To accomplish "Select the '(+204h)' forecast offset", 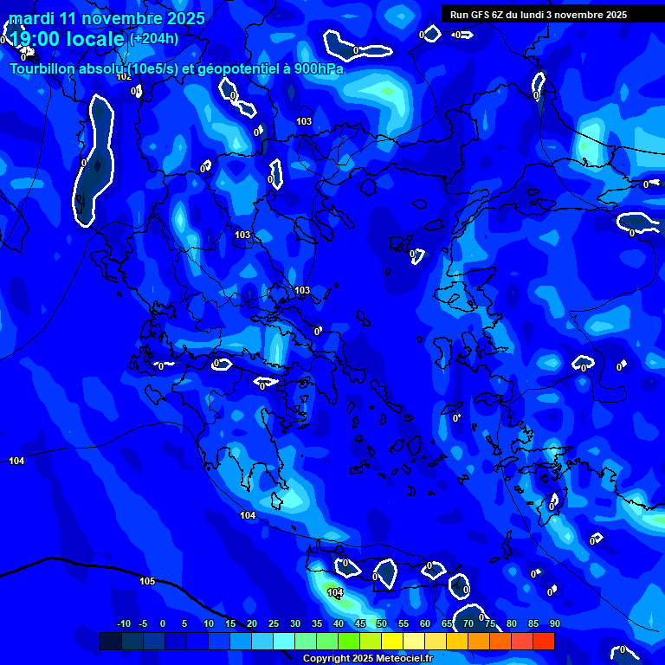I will tap(154, 38).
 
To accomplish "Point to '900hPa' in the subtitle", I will tap(318, 69).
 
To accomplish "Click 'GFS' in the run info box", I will tap(481, 15).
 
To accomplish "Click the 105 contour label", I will tap(147, 581).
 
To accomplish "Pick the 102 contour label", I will tap(124, 76).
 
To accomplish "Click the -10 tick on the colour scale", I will tap(124, 623).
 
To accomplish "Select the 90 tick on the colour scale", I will tap(554, 623).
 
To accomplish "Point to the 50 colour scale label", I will tap(381, 623).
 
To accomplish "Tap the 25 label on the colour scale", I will tap(273, 623).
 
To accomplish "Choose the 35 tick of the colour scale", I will tap(316, 623).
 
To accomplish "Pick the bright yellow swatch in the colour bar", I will tap(391, 641).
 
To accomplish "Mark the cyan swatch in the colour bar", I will tap(283, 641).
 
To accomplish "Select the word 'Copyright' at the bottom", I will tap(327, 658).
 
